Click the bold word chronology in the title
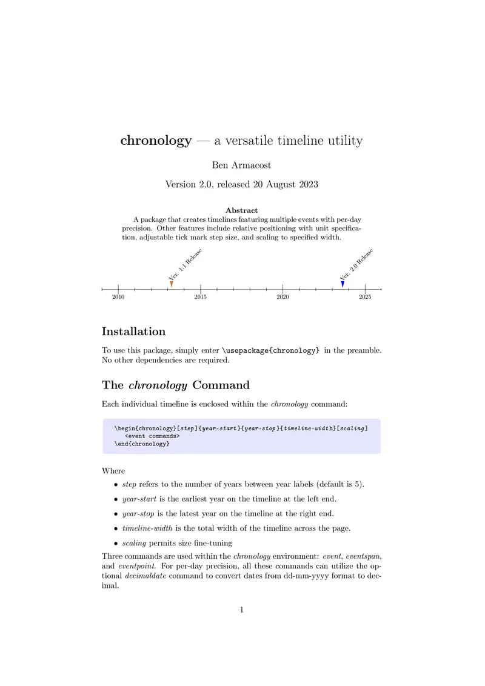(156, 141)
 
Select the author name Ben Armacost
(241, 165)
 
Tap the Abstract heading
(241, 210)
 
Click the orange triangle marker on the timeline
(172, 284)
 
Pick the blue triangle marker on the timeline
(343, 284)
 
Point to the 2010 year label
(118, 297)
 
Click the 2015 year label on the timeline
(201, 297)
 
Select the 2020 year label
(283, 297)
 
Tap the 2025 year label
(365, 297)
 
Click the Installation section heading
(133, 331)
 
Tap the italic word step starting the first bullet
(129, 484)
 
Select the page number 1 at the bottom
(242, 610)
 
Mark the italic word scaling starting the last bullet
(135, 542)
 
